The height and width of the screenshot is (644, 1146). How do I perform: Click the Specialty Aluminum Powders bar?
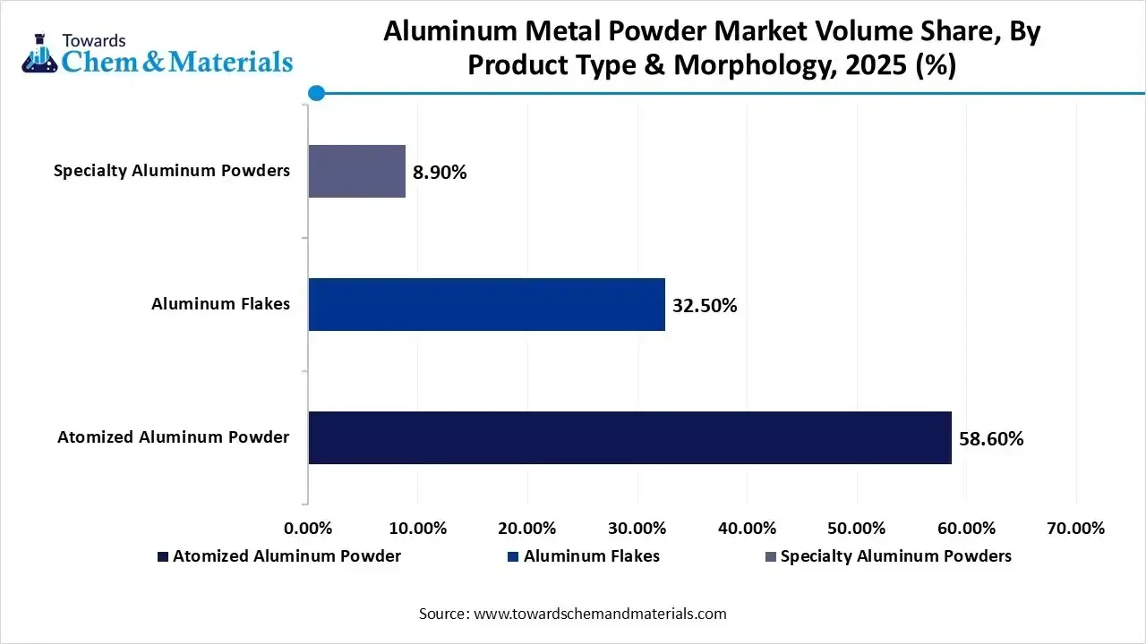pos(357,171)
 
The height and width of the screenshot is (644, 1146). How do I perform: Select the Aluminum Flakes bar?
pos(487,304)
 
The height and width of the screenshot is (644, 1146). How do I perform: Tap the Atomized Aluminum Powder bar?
pos(629,437)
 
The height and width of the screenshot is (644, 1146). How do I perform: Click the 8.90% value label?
pos(440,173)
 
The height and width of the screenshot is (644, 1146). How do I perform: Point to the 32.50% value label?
pos(705,306)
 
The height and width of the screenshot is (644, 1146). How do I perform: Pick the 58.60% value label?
pos(991,439)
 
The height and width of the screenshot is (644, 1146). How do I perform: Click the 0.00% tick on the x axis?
pos(308,528)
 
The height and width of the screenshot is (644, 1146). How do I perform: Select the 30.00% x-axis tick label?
pos(637,528)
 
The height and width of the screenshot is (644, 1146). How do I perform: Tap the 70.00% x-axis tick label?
pos(1075,528)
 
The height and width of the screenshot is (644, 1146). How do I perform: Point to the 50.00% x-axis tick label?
pos(857,528)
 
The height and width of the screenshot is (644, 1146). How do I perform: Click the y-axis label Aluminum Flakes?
pos(220,304)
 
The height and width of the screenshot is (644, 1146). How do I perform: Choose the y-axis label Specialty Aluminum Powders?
pos(172,171)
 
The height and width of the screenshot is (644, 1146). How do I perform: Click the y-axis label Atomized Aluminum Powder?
pos(174,437)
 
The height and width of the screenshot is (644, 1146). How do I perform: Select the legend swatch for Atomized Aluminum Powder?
pos(162,556)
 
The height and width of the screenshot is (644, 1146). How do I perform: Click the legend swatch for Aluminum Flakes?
pos(513,556)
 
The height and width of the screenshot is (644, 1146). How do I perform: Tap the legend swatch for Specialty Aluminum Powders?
pos(770,556)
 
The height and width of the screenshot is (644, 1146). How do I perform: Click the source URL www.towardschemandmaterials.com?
pos(600,614)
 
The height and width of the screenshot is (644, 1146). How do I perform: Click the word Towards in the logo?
pos(93,40)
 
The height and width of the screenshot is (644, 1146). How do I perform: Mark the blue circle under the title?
pos(316,93)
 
